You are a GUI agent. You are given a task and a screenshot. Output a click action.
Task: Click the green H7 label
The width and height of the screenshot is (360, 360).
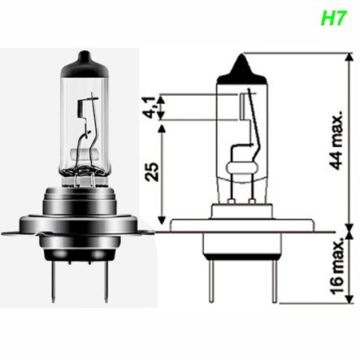[333, 18]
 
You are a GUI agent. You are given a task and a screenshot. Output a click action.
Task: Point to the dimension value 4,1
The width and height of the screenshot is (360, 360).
[152, 108]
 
